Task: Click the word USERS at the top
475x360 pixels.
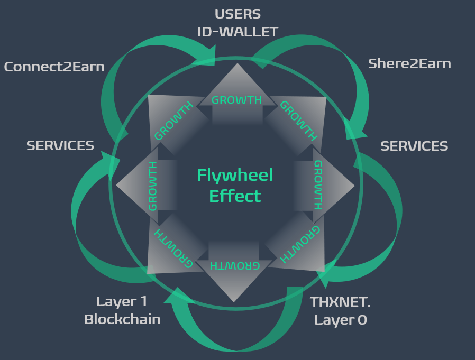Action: click(x=238, y=14)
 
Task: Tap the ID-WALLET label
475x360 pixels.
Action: click(x=238, y=32)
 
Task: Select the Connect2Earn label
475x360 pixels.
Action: click(x=54, y=67)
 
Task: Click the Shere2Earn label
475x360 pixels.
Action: click(x=409, y=64)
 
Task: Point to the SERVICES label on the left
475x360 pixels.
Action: click(x=60, y=145)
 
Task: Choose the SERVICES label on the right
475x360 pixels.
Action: click(x=414, y=146)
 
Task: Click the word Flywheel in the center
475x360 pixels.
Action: click(x=235, y=175)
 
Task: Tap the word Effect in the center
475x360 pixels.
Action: click(x=235, y=196)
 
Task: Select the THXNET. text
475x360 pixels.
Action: click(x=340, y=302)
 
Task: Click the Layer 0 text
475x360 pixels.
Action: click(x=340, y=320)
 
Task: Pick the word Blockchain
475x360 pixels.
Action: click(x=122, y=319)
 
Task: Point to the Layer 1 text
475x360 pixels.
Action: click(x=122, y=302)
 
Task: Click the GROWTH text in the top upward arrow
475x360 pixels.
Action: click(x=236, y=100)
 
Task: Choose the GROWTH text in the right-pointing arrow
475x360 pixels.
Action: click(x=318, y=185)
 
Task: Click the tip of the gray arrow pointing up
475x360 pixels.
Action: click(x=238, y=64)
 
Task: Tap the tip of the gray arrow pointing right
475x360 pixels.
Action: click(x=354, y=186)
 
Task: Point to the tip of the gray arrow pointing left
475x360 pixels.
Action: click(x=117, y=185)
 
